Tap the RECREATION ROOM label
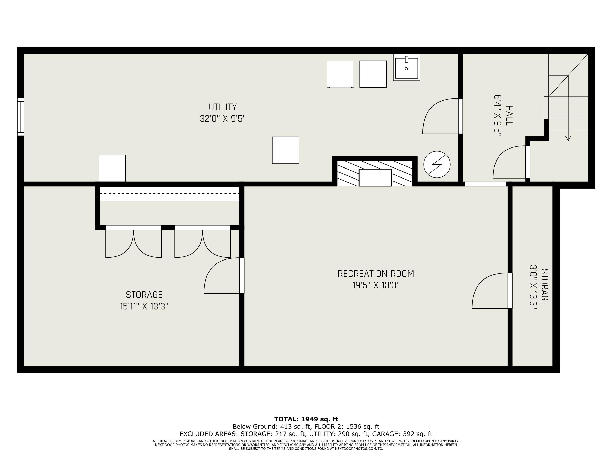pos(376,274)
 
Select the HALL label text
pos(509,116)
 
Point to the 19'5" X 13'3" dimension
pos(376,285)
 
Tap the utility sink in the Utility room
pos(406,67)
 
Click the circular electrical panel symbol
pos(437,164)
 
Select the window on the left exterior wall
pos(21,117)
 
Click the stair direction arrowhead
pos(568,138)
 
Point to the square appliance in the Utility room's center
pos(286,150)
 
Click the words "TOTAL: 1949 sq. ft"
pos(306,419)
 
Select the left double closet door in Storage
pos(133,241)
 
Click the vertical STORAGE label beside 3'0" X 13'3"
pos(544,287)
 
